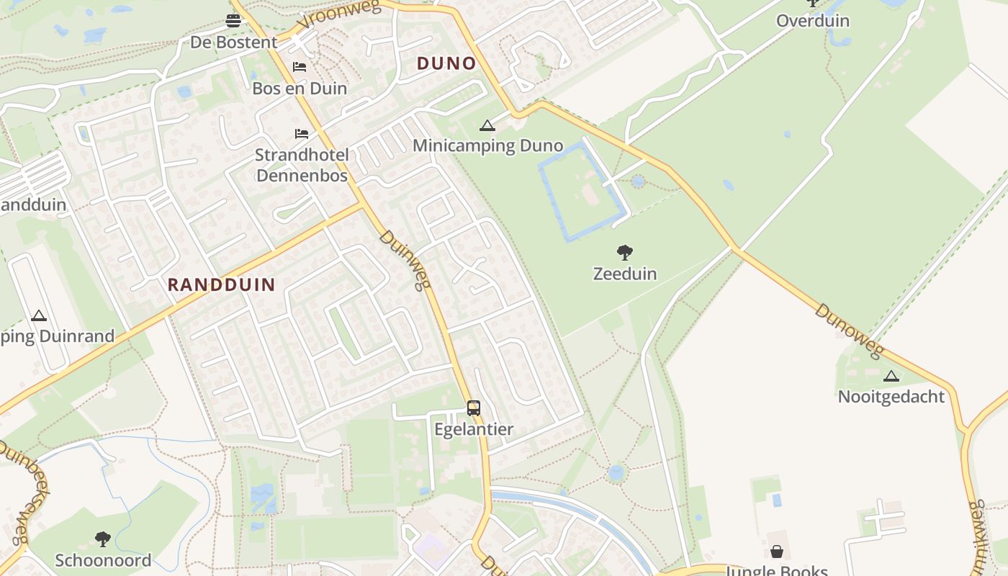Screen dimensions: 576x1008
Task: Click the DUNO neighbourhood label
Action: pyautogui.click(x=446, y=63)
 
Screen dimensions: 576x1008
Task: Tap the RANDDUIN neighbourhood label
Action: pyautogui.click(x=222, y=284)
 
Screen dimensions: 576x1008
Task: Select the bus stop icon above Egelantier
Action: pyautogui.click(x=474, y=408)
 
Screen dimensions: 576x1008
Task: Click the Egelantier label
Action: pyautogui.click(x=474, y=429)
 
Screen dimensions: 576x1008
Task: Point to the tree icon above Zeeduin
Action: pyautogui.click(x=625, y=253)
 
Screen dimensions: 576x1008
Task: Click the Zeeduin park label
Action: pyautogui.click(x=625, y=274)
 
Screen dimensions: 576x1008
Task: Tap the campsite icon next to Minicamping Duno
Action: pyautogui.click(x=487, y=126)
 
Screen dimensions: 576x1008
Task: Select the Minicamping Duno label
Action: pyautogui.click(x=487, y=146)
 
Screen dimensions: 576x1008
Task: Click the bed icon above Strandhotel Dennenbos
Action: pyautogui.click(x=302, y=134)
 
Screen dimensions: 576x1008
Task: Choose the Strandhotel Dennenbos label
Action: pyautogui.click(x=302, y=165)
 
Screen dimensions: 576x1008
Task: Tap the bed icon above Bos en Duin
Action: pyautogui.click(x=300, y=68)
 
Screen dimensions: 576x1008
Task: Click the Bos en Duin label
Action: pyautogui.click(x=300, y=89)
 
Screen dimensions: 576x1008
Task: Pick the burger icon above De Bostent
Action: pyautogui.click(x=233, y=21)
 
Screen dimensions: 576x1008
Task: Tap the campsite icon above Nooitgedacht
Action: pyautogui.click(x=891, y=376)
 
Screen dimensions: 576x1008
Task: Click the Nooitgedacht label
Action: pyautogui.click(x=891, y=396)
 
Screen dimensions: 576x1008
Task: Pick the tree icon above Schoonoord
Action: pyautogui.click(x=103, y=539)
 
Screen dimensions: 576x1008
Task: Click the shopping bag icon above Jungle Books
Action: pyautogui.click(x=776, y=552)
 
